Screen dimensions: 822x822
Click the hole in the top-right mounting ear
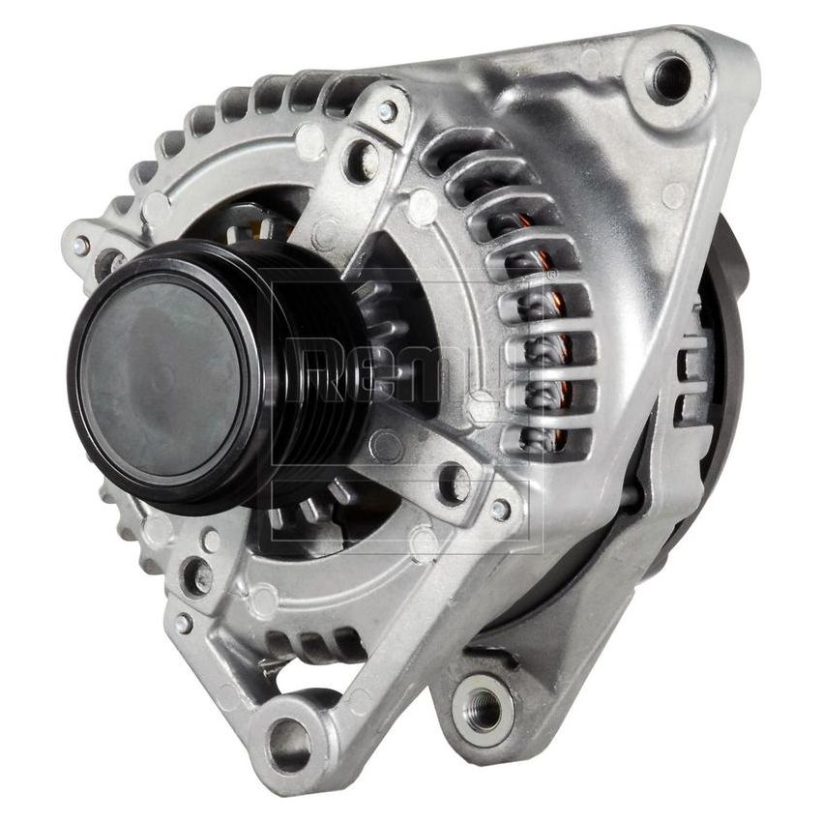point(670,76)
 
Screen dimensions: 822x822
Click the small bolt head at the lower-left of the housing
point(183,624)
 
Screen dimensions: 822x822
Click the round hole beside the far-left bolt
point(110,262)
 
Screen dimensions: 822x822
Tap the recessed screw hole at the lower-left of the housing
point(196,576)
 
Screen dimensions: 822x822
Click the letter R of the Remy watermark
point(319,367)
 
